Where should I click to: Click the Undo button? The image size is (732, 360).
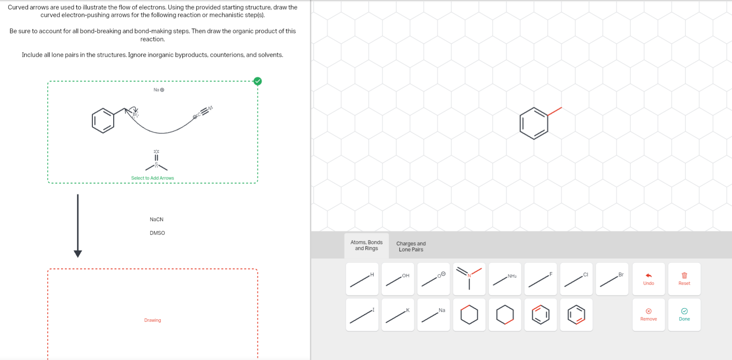click(648, 279)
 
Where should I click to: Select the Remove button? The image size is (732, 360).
click(648, 315)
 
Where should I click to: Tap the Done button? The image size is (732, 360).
click(684, 315)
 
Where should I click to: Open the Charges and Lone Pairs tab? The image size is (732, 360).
click(411, 246)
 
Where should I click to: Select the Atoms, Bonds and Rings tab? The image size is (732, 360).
click(366, 246)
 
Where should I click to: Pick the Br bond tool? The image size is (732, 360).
click(612, 279)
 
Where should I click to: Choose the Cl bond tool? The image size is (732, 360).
click(576, 279)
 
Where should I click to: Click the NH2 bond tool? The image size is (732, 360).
click(504, 279)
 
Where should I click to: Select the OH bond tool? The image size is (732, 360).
click(398, 279)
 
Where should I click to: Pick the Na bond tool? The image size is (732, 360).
click(433, 315)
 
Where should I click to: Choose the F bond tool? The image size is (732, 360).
click(540, 279)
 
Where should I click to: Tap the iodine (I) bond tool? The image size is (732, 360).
click(362, 315)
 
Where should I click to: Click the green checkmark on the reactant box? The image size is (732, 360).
click(257, 81)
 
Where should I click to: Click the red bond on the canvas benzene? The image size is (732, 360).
click(554, 112)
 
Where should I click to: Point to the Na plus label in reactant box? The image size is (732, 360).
click(159, 90)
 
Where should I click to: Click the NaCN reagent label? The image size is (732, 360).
click(156, 219)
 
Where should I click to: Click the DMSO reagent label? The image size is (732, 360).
click(157, 233)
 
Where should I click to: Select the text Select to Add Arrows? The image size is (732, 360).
click(153, 178)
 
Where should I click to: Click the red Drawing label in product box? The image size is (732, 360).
click(153, 320)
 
